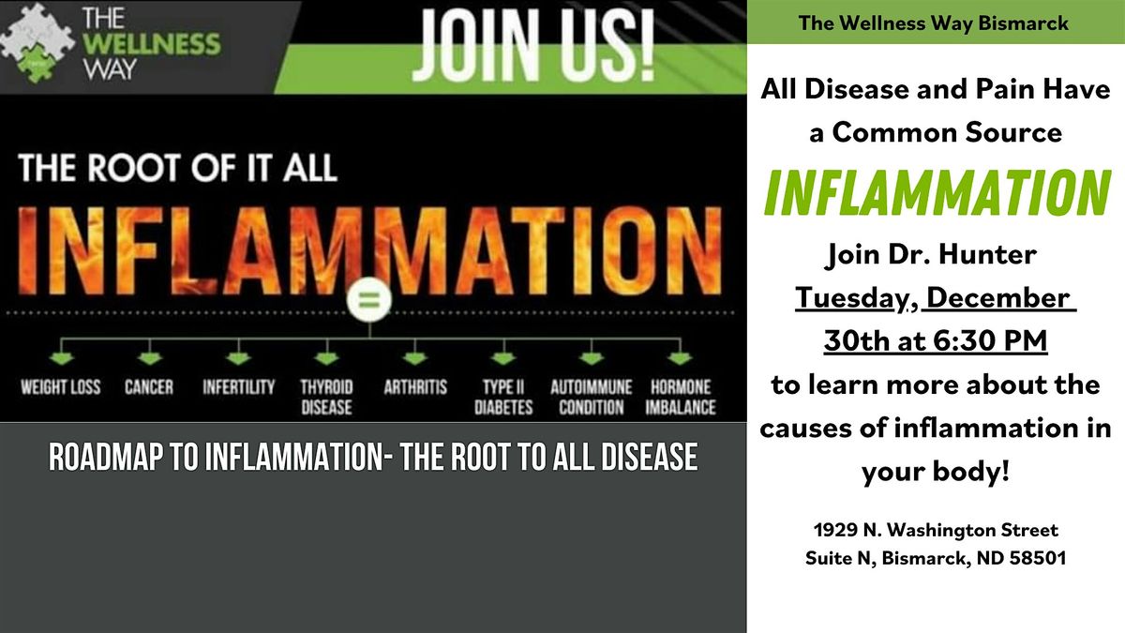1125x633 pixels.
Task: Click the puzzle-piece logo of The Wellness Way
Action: point(37,43)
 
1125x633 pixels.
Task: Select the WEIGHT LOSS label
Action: point(60,386)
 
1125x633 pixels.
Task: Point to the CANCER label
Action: point(149,386)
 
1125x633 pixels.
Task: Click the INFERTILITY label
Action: point(238,386)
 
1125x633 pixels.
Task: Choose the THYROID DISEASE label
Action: point(325,397)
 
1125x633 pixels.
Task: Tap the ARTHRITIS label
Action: point(415,386)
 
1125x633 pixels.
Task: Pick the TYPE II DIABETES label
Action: point(502,397)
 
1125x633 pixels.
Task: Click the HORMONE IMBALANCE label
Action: point(680,397)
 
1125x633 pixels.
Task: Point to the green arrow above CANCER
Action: point(149,357)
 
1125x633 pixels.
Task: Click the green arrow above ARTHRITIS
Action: point(414,357)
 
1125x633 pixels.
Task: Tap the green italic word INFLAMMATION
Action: point(936,193)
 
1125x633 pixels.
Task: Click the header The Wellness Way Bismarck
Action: point(934,23)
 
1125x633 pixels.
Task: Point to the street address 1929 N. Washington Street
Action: point(935,531)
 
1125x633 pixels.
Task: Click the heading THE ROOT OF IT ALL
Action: point(178,170)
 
